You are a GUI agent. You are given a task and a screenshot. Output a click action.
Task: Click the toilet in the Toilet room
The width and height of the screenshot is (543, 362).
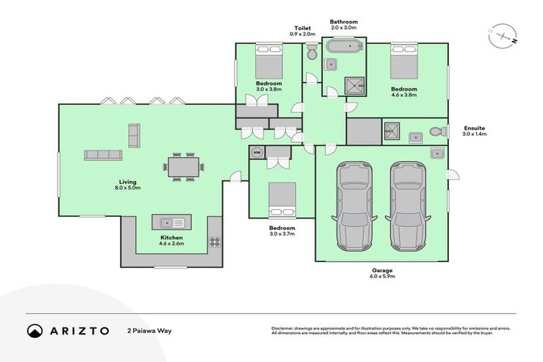click(x=312, y=52)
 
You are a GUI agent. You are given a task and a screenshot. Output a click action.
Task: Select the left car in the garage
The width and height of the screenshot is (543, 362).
click(x=353, y=206)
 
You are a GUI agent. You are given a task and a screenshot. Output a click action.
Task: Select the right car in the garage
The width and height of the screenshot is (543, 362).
click(x=407, y=206)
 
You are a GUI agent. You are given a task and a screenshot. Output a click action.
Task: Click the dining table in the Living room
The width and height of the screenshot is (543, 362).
click(x=185, y=168)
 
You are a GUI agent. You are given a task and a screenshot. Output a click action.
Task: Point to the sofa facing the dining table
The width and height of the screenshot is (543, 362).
click(x=103, y=155)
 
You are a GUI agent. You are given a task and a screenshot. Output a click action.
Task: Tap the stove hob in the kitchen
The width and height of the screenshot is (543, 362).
click(x=214, y=242)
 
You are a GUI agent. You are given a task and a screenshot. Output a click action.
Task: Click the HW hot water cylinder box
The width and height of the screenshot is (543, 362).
click(x=255, y=151)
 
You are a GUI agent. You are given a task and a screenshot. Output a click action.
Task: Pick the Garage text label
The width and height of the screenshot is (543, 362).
click(x=383, y=270)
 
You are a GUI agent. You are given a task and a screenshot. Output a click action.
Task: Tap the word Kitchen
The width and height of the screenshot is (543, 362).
click(x=172, y=238)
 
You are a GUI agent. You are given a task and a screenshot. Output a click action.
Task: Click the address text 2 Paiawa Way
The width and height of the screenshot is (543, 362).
click(x=149, y=330)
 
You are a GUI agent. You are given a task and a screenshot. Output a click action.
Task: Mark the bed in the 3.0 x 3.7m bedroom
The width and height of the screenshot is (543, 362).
click(x=281, y=199)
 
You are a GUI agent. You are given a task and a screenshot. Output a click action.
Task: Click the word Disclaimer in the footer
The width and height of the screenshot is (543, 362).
click(x=283, y=328)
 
